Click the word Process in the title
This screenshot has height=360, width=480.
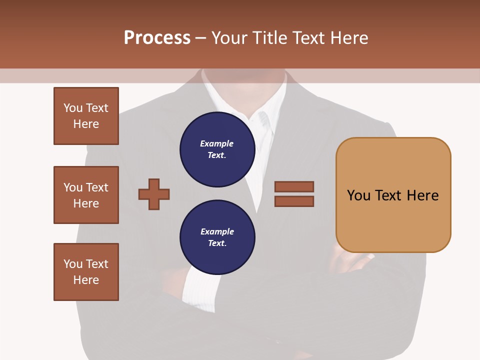[x=157, y=38]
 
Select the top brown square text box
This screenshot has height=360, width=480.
[x=86, y=116]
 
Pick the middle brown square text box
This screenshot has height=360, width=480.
[x=86, y=195]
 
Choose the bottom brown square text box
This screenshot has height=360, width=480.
[x=86, y=272]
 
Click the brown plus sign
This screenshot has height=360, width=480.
[x=154, y=194]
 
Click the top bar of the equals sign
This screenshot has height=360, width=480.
[x=294, y=186]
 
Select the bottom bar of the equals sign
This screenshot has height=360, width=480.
[x=294, y=201]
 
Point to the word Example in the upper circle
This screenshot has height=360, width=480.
[x=217, y=143]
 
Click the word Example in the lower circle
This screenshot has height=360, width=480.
[x=217, y=231]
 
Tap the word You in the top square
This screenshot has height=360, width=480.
[x=72, y=108]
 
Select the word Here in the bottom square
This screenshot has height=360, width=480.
[x=86, y=280]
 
